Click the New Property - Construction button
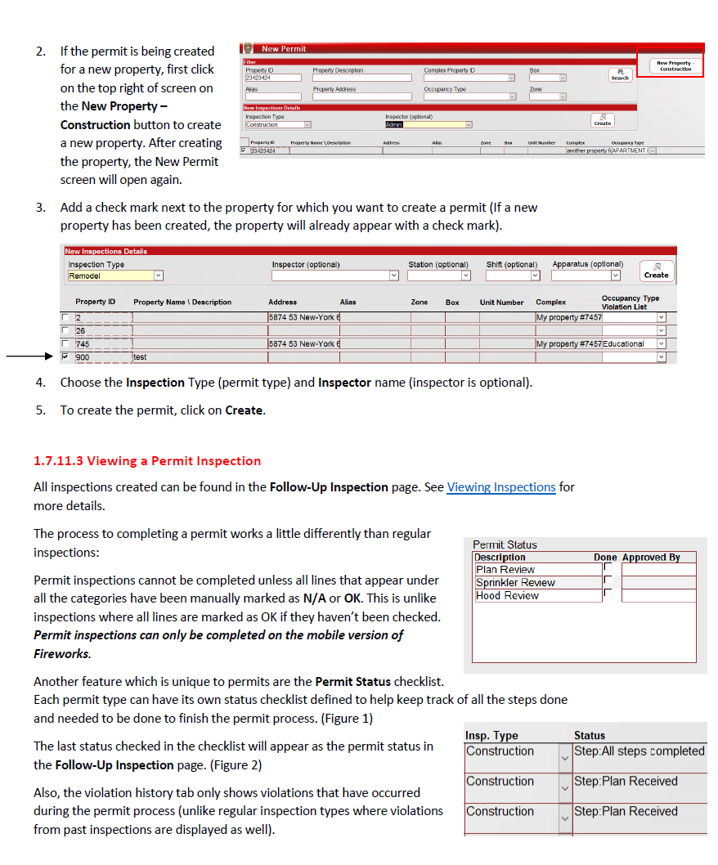tap(675, 65)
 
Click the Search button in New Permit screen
tap(620, 75)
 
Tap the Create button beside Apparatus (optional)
tap(656, 271)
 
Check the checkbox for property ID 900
tap(65, 357)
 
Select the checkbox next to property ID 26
tap(65, 331)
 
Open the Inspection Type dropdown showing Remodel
tap(115, 276)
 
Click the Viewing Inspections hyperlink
tap(501, 487)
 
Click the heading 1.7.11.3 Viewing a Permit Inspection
tap(147, 461)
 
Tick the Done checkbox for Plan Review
tap(608, 568)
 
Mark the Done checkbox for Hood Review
tap(608, 594)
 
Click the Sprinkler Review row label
tap(515, 583)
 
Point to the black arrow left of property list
tap(29, 357)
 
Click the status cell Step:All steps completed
tap(639, 751)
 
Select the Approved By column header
tap(651, 558)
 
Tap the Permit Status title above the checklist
tap(505, 545)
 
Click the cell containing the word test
tap(141, 357)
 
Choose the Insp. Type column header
tap(491, 736)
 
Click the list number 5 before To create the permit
tap(40, 410)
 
